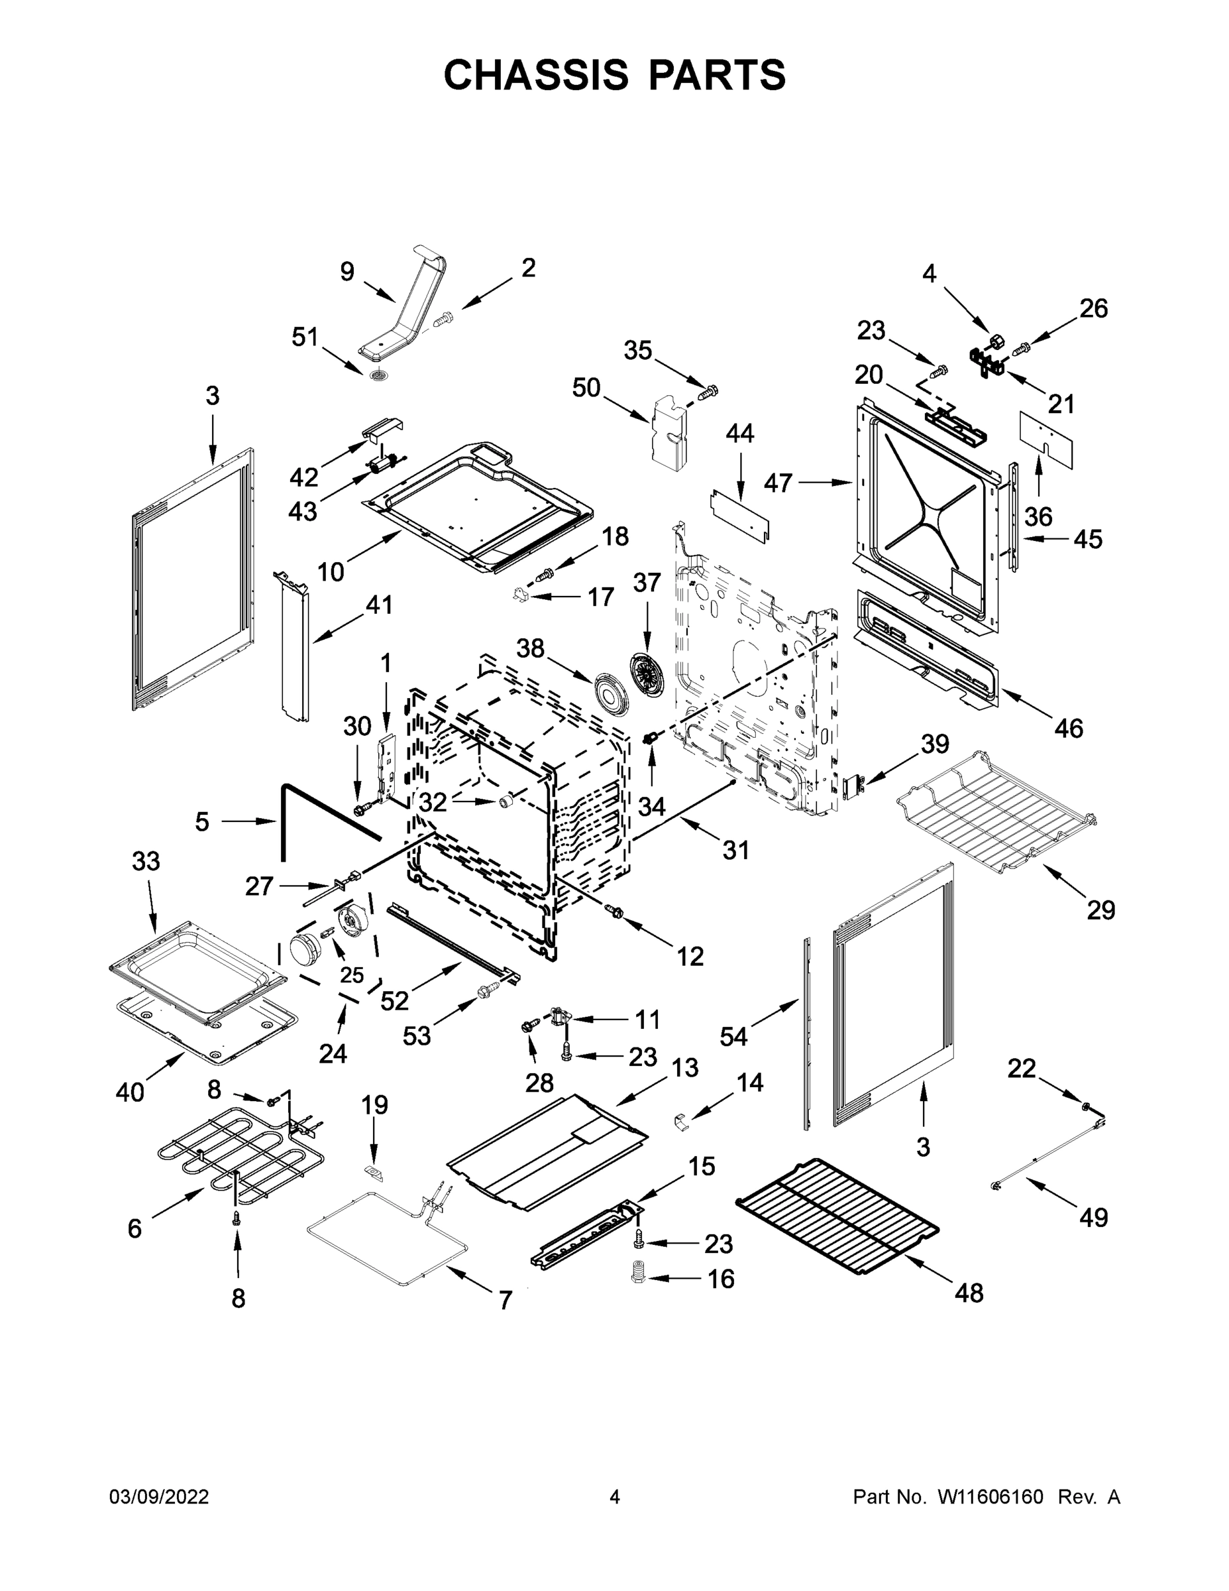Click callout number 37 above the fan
(x=647, y=583)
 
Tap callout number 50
(x=586, y=388)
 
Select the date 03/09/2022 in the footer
(x=159, y=1497)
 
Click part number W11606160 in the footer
(x=990, y=1497)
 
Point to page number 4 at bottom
(x=615, y=1497)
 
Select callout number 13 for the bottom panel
(x=685, y=1067)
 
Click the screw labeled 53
(x=488, y=990)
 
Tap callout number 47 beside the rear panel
(x=778, y=482)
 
